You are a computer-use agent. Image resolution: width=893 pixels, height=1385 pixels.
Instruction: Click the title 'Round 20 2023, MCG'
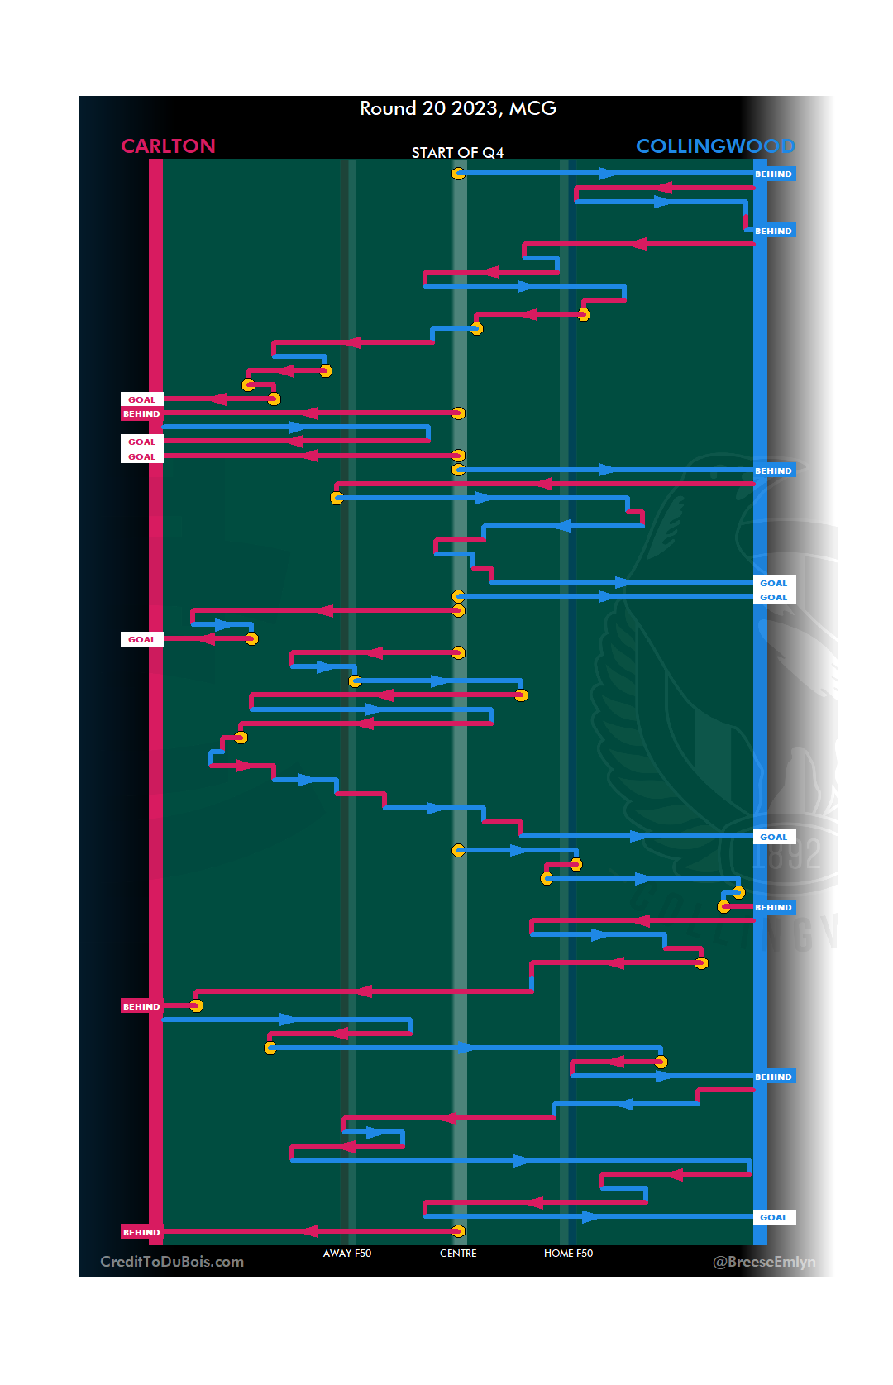click(458, 108)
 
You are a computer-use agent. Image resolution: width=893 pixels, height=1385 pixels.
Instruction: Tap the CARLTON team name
click(168, 146)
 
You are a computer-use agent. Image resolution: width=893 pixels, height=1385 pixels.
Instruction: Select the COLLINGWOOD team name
click(714, 146)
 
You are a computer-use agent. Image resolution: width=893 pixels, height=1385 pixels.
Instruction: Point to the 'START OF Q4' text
click(457, 153)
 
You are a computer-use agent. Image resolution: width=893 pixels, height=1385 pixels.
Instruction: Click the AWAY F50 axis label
click(347, 1254)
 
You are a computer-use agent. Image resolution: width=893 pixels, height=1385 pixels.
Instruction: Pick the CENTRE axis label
click(458, 1254)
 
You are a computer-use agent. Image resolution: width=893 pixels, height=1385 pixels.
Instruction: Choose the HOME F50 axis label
click(568, 1254)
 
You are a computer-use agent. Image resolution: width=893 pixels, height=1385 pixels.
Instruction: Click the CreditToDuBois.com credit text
click(172, 1262)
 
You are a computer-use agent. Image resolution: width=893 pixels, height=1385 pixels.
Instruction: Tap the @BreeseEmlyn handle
click(764, 1262)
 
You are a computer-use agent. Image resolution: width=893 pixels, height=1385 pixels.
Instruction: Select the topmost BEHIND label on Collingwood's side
click(773, 174)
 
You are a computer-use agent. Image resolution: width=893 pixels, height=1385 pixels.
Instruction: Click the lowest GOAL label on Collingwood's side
click(773, 1217)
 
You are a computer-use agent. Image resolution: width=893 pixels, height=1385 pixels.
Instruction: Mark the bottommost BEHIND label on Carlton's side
click(141, 1232)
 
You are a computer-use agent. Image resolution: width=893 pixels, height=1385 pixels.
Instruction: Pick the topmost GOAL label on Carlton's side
click(141, 399)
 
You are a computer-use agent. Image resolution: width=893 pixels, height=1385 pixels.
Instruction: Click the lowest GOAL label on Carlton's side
click(141, 639)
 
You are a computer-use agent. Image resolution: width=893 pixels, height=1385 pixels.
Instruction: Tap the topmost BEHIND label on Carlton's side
click(141, 413)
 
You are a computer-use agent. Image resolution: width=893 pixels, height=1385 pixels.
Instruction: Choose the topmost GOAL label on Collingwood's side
click(773, 583)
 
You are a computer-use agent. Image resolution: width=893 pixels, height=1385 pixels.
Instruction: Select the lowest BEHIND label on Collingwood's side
click(773, 1077)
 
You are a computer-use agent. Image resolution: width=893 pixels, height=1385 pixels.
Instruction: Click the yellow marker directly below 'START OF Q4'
click(458, 174)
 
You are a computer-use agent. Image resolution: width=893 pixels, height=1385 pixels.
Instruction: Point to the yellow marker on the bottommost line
click(458, 1231)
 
